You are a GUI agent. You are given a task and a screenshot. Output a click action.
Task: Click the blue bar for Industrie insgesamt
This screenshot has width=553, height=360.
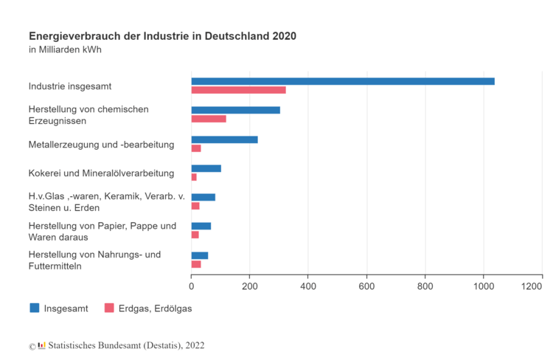pyautogui.click(x=343, y=81)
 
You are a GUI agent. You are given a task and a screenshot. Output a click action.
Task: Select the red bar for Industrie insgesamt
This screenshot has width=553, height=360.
pyautogui.click(x=238, y=90)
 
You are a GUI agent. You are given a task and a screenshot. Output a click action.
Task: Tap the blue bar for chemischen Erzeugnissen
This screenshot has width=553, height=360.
pyautogui.click(x=235, y=110)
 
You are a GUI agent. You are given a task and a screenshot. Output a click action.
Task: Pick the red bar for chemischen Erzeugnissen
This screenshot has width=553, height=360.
pyautogui.click(x=209, y=119)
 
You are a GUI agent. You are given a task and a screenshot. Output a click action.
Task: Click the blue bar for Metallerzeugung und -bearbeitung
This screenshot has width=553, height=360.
pyautogui.click(x=224, y=139)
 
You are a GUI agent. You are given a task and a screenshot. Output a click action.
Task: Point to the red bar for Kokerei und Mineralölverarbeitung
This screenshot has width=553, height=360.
pyautogui.click(x=194, y=177)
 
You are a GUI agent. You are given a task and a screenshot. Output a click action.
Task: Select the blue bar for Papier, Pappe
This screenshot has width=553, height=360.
pyautogui.click(x=201, y=226)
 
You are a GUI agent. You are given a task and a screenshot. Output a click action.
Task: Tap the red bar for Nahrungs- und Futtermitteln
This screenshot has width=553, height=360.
pyautogui.click(x=196, y=264)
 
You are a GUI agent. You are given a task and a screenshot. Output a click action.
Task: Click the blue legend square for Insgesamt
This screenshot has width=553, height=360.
pyautogui.click(x=35, y=308)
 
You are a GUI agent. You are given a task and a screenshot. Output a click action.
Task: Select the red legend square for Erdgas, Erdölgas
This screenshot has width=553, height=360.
pyautogui.click(x=109, y=308)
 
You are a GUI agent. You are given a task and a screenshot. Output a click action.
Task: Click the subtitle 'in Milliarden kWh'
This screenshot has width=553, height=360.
pyautogui.click(x=65, y=50)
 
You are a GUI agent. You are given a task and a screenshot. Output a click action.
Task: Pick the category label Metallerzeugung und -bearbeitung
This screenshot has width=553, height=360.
pyautogui.click(x=101, y=145)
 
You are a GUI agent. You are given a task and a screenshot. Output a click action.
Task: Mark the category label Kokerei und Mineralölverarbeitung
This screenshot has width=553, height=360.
pyautogui.click(x=101, y=173)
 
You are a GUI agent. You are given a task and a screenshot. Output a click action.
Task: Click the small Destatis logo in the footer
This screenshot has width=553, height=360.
pyautogui.click(x=41, y=345)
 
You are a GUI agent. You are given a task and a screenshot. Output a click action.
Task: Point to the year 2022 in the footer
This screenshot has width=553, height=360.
pyautogui.click(x=195, y=345)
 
